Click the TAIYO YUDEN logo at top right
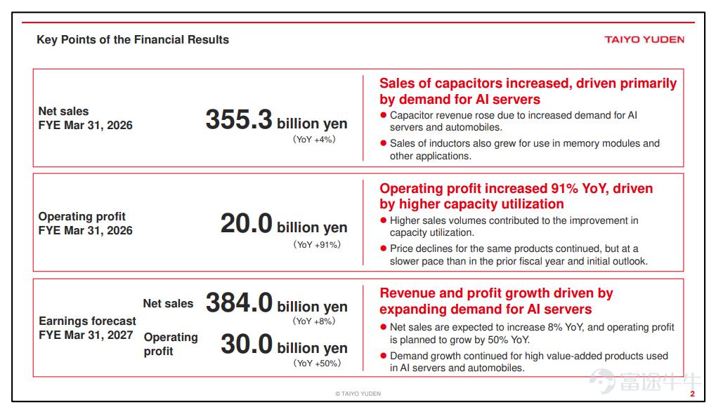tap(644, 40)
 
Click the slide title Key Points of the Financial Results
tap(132, 40)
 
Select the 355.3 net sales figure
tap(239, 119)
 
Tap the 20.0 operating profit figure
tap(246, 224)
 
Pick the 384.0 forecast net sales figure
tap(239, 302)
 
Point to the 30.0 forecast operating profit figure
tap(247, 344)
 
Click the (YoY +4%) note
tap(314, 139)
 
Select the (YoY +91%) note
tap(317, 245)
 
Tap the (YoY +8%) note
tap(314, 321)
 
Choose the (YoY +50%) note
tap(317, 363)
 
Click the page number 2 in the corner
tap(692, 394)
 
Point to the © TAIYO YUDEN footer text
tap(358, 394)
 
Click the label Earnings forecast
tap(87, 321)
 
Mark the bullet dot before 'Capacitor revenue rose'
tap(384, 115)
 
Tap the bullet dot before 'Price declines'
tap(384, 248)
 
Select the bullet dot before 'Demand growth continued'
tap(384, 356)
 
